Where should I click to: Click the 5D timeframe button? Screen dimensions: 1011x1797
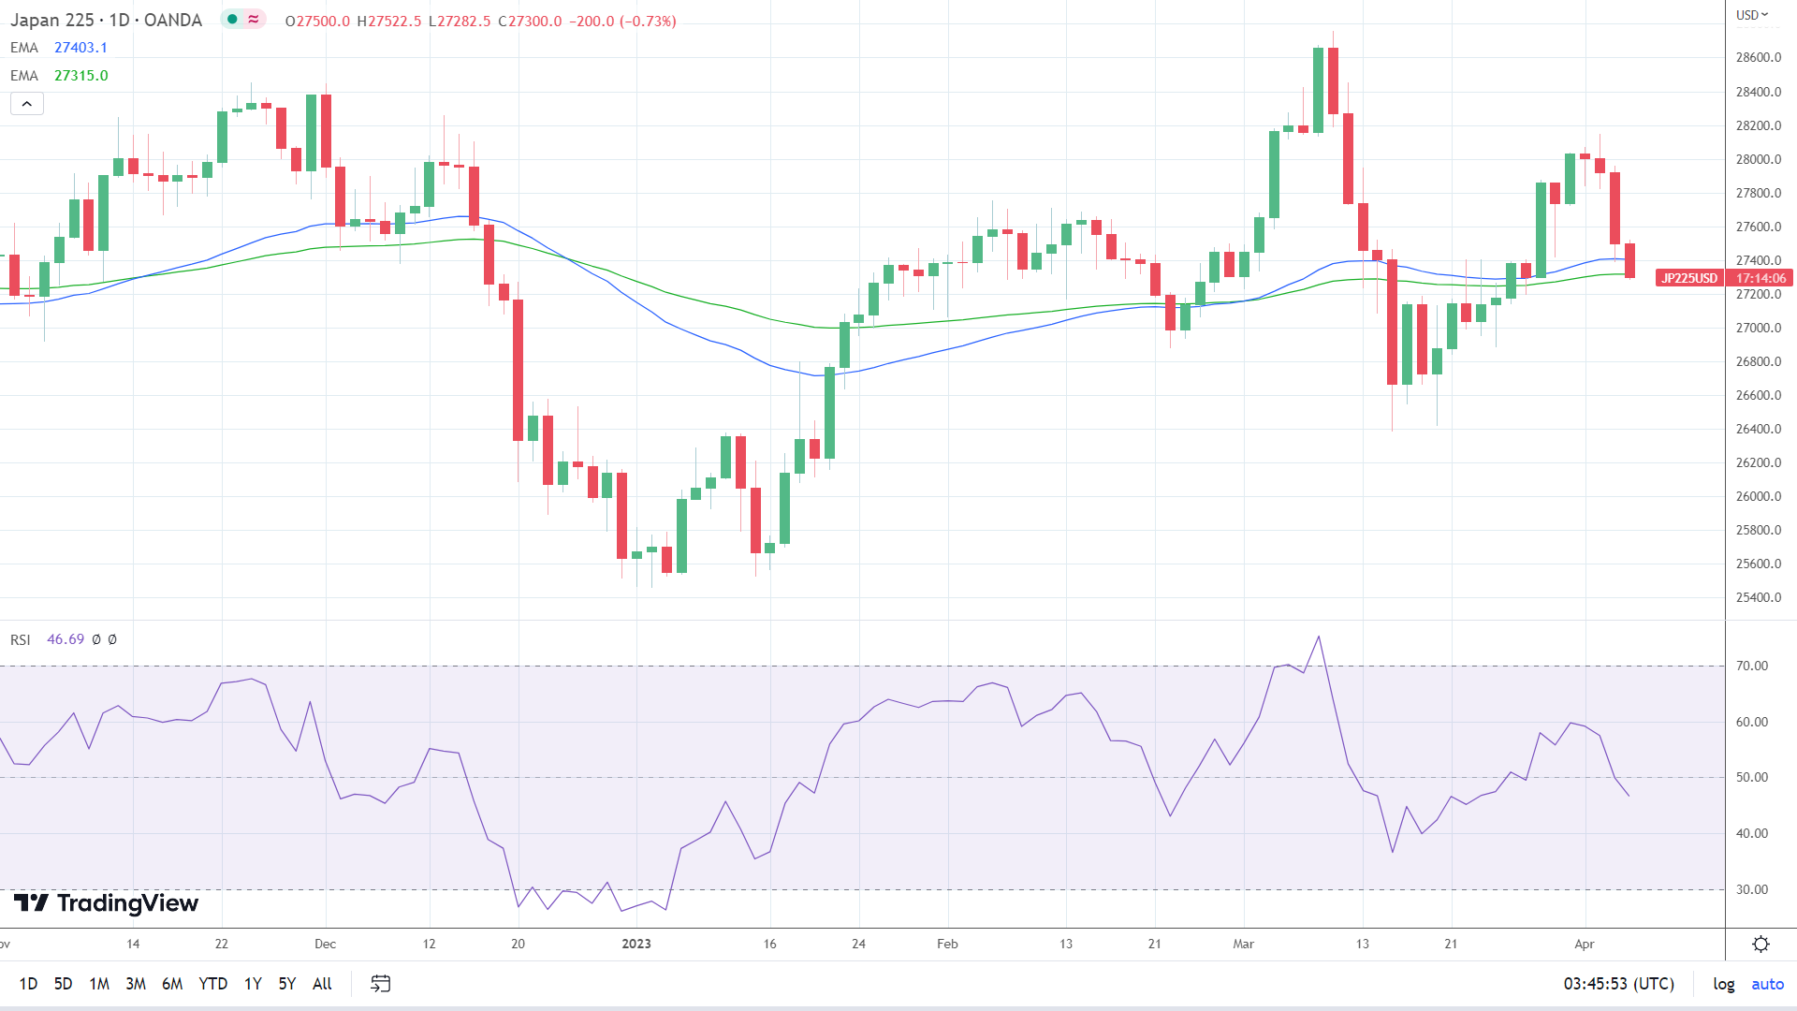click(63, 984)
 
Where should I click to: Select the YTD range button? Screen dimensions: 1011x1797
click(212, 984)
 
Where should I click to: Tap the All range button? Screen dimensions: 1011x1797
click(322, 984)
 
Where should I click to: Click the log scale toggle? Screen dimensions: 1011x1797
click(1723, 984)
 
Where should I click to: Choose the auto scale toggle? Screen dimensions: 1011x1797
click(1767, 984)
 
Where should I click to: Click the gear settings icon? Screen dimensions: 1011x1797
click(1760, 944)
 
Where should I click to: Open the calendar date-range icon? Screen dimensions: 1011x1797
click(380, 984)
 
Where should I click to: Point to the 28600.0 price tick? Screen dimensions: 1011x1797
click(1758, 58)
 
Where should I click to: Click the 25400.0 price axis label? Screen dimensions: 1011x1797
click(1758, 597)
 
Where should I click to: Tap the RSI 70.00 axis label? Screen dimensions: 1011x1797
click(1751, 667)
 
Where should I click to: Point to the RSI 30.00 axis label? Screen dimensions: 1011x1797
click(1751, 889)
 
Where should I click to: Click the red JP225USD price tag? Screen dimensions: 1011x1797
click(1688, 278)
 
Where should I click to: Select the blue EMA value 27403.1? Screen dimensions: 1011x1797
click(80, 48)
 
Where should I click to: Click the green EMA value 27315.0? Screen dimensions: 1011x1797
click(80, 76)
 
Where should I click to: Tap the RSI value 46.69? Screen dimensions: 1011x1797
click(66, 639)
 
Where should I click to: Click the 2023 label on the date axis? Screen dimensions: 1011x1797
click(636, 944)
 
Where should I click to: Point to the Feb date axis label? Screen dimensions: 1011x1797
click(947, 944)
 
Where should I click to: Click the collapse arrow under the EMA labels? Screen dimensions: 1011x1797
click(27, 104)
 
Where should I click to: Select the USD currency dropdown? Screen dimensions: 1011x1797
click(1752, 15)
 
